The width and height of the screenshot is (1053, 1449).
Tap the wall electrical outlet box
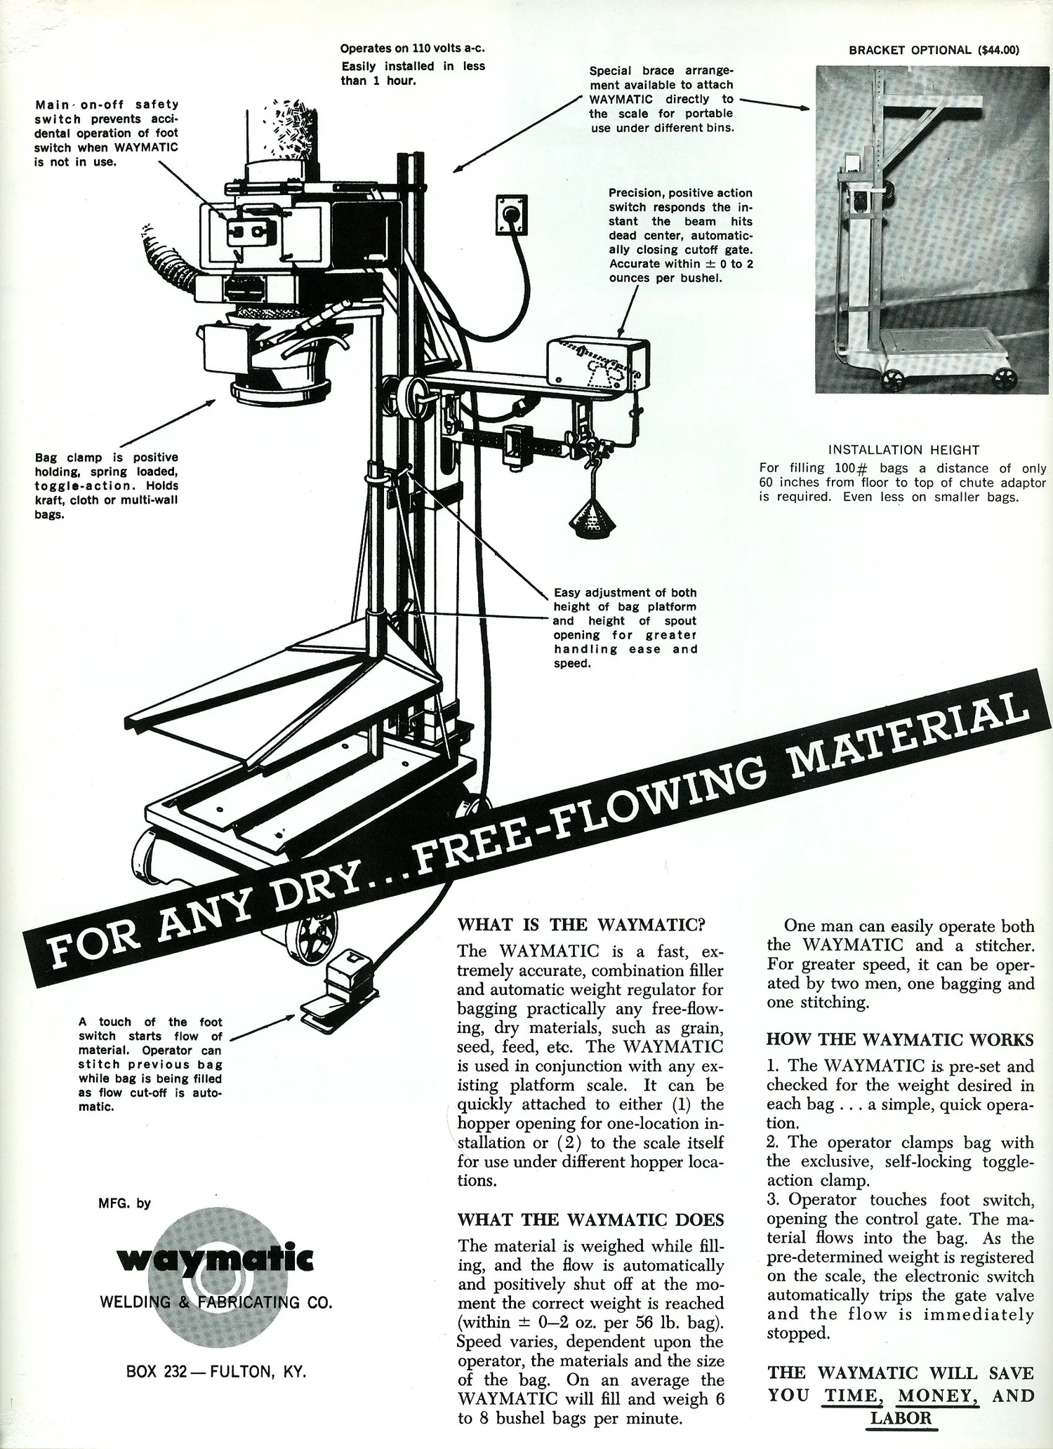click(x=512, y=215)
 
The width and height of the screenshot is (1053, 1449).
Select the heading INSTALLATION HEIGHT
click(x=903, y=450)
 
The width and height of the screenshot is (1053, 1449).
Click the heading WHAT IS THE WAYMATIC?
click(x=581, y=924)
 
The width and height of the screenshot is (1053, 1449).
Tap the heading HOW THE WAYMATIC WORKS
click(x=900, y=1039)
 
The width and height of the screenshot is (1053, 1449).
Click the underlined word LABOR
click(x=901, y=1418)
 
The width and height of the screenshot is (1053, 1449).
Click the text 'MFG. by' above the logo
click(x=124, y=1203)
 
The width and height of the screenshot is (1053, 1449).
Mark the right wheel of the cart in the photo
click(x=1005, y=379)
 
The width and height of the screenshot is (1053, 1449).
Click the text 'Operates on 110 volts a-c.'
click(x=413, y=48)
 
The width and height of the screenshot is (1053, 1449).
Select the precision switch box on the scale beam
click(x=597, y=363)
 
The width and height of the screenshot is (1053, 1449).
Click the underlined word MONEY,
click(x=939, y=1395)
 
